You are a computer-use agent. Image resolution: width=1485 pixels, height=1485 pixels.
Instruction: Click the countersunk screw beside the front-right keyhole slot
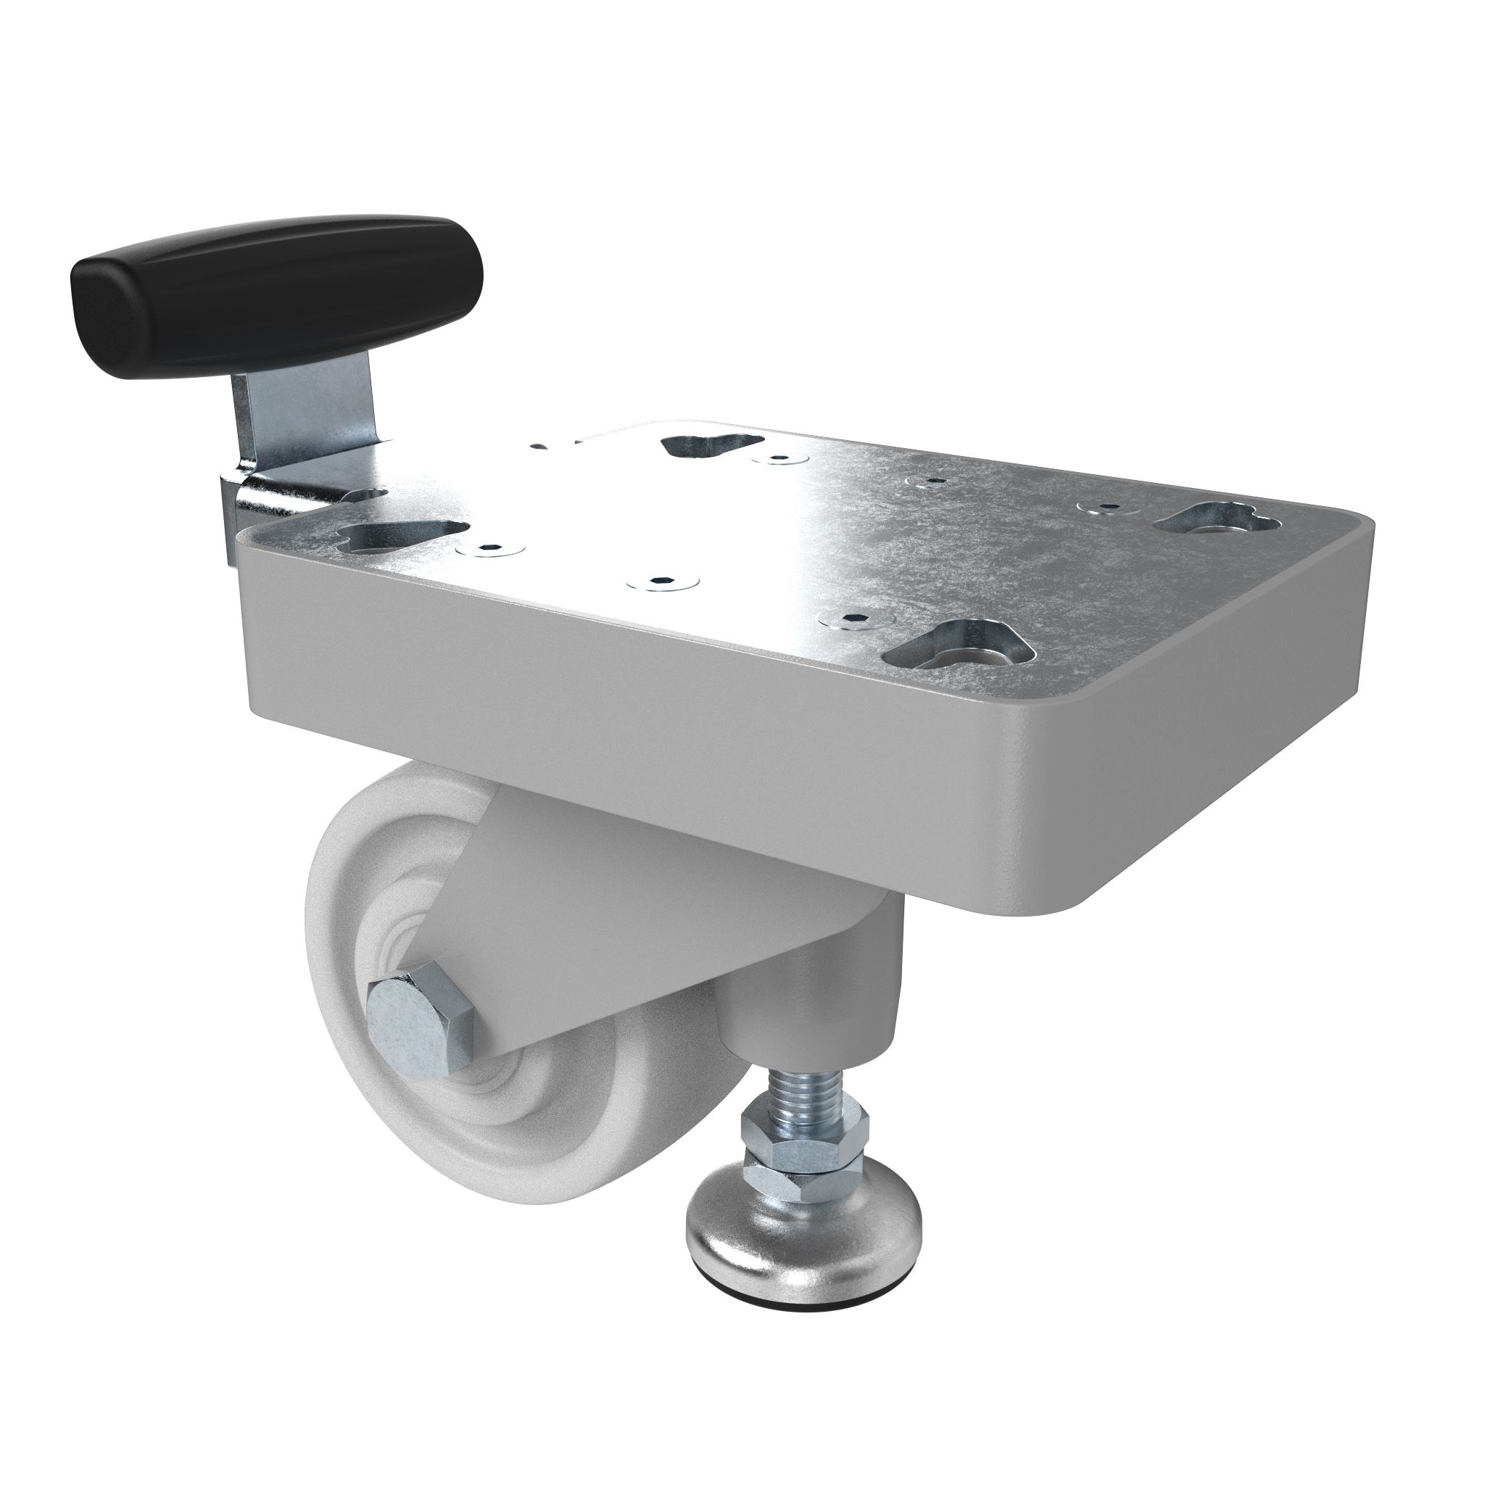coord(857,619)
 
